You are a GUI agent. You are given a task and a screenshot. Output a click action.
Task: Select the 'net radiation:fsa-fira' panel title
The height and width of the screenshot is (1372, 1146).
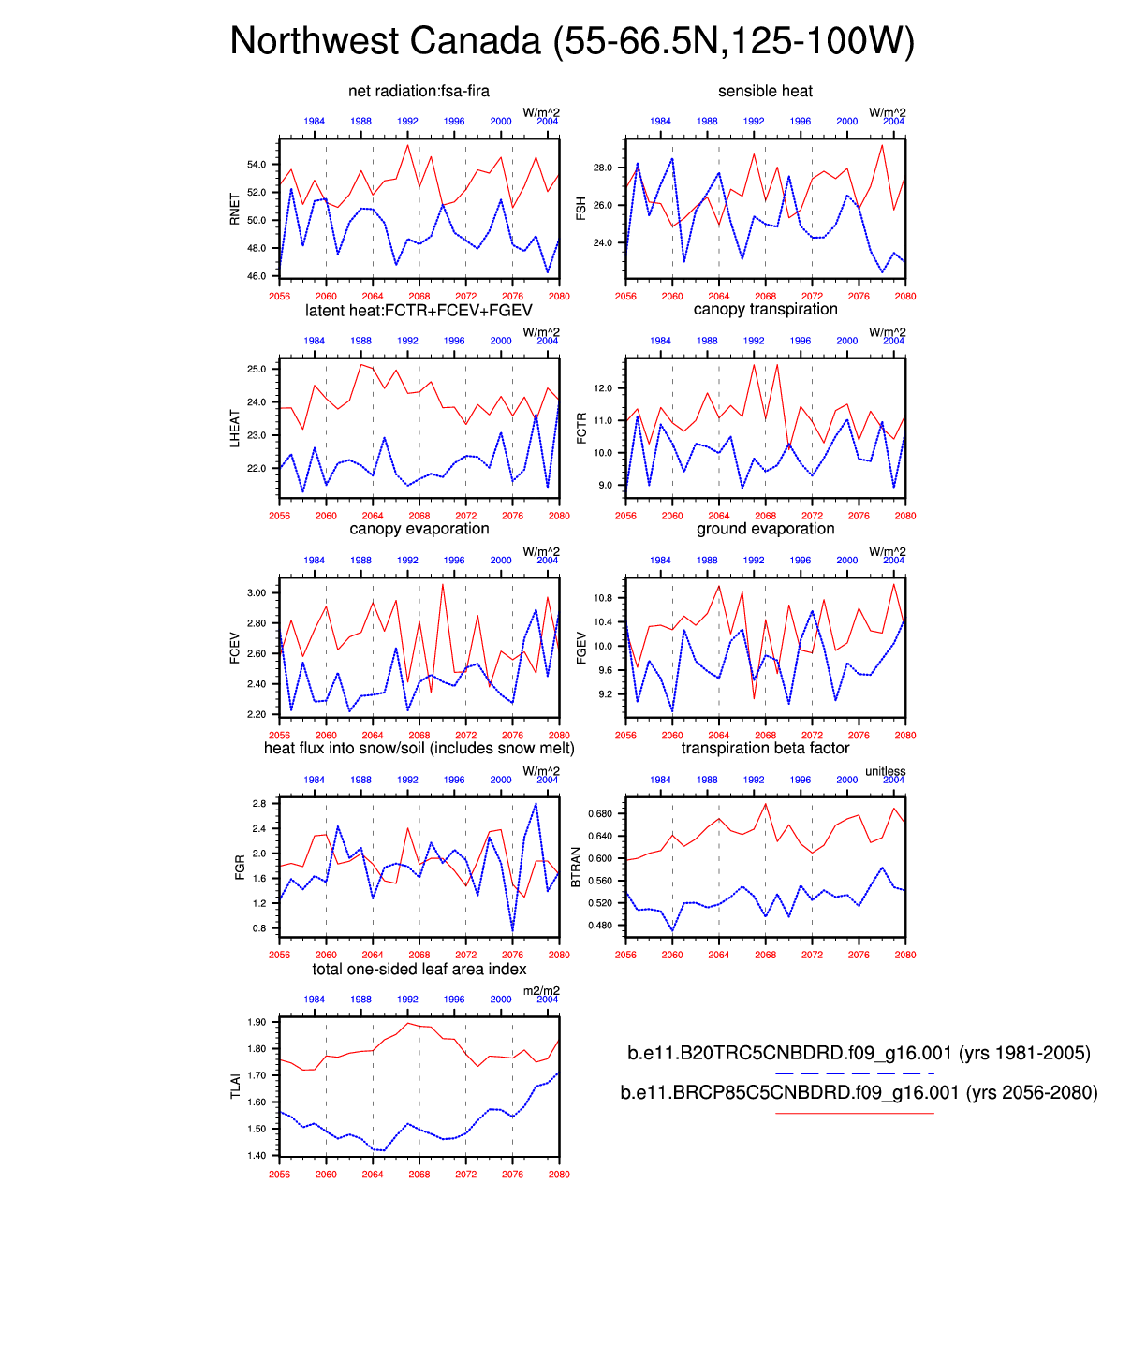pyautogui.click(x=419, y=91)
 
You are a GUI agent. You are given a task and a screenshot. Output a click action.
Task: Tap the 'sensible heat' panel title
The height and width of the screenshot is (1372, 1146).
pyautogui.click(x=765, y=91)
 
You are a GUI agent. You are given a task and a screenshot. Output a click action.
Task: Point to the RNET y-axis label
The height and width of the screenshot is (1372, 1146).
pyautogui.click(x=235, y=208)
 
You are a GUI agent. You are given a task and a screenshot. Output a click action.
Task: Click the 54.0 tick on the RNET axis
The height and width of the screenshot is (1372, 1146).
pyautogui.click(x=257, y=165)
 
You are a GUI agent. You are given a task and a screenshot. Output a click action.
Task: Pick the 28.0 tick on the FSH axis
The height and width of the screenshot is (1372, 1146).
pyautogui.click(x=602, y=168)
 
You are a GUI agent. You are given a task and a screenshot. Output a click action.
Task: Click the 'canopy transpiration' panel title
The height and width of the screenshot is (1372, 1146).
pyautogui.click(x=765, y=310)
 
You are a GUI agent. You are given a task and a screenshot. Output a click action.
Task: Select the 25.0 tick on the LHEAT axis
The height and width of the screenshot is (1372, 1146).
pyautogui.click(x=257, y=370)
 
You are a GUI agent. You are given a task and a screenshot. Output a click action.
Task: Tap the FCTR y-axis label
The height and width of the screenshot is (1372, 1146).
pyautogui.click(x=581, y=428)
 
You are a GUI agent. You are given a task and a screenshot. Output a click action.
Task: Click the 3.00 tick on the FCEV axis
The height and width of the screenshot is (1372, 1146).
pyautogui.click(x=257, y=593)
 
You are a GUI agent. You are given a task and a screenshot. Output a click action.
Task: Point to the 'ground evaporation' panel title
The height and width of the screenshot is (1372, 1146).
pyautogui.click(x=765, y=529)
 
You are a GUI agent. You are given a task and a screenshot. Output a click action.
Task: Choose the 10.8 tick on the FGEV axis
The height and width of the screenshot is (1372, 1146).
pyautogui.click(x=602, y=598)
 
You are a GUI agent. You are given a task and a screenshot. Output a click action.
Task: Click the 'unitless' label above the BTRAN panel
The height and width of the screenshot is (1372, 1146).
pyautogui.click(x=885, y=772)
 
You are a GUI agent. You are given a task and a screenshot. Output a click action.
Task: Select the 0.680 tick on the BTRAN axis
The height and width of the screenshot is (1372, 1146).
pyautogui.click(x=600, y=814)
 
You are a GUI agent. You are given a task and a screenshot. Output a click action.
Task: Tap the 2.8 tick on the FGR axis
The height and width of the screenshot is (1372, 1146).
pyautogui.click(x=259, y=804)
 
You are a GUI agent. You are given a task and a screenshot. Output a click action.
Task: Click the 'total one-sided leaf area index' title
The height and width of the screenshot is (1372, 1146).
pyautogui.click(x=419, y=970)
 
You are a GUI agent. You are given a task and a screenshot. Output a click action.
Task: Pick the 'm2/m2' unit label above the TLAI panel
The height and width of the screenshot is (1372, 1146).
pyautogui.click(x=541, y=991)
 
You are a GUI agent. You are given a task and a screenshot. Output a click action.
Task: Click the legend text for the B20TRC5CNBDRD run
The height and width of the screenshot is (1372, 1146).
pyautogui.click(x=859, y=1054)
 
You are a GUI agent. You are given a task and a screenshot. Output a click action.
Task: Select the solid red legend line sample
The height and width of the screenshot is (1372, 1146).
pyautogui.click(x=855, y=1113)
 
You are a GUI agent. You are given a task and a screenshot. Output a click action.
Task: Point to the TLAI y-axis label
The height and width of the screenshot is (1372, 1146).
pyautogui.click(x=235, y=1086)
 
